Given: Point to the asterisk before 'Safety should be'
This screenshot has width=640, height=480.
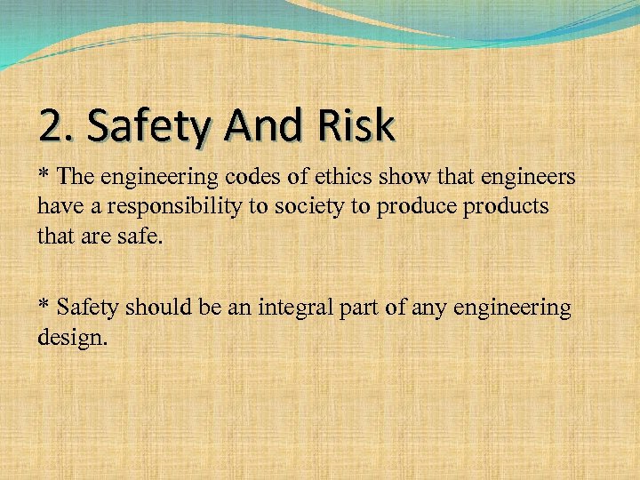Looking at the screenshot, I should click(x=44, y=307).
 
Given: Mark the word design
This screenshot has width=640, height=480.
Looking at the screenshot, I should click(x=72, y=339).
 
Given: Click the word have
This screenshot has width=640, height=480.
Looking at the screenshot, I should click(x=58, y=208).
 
